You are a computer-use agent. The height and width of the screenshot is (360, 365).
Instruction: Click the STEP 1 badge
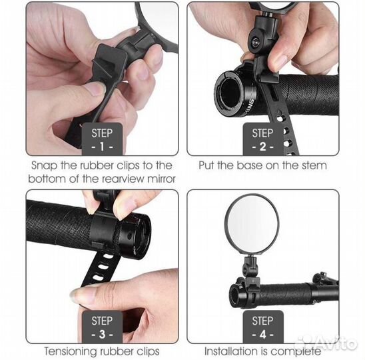pyautogui.click(x=102, y=139)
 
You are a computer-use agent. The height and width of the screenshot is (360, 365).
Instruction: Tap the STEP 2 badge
pyautogui.click(x=263, y=139)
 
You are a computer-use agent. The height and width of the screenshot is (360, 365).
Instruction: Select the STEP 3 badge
pyautogui.click(x=102, y=327)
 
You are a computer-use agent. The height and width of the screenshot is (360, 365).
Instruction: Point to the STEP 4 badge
pyautogui.click(x=263, y=327)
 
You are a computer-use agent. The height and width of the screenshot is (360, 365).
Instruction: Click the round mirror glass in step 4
pyautogui.click(x=252, y=224)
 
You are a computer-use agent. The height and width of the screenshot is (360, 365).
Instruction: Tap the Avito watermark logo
pyautogui.click(x=326, y=343)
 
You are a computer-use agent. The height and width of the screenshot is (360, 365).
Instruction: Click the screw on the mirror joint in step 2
pyautogui.click(x=256, y=43)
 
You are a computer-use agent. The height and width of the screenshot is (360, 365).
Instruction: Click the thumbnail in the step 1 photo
pyautogui.click(x=96, y=89)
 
